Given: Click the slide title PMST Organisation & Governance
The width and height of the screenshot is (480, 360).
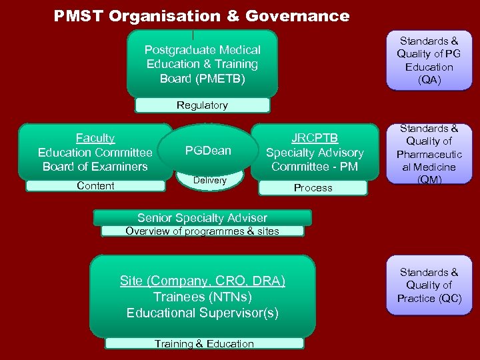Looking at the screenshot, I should click(201, 16).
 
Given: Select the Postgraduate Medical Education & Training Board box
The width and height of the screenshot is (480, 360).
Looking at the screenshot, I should click(202, 64).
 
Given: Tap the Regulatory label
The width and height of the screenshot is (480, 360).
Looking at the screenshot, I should click(202, 105).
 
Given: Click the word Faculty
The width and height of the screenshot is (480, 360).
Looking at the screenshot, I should click(95, 138).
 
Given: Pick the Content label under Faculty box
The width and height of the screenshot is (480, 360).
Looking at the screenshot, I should click(95, 186).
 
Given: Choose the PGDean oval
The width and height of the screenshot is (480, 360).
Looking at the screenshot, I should click(208, 151).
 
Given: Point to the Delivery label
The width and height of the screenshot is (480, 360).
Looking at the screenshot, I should click(210, 181).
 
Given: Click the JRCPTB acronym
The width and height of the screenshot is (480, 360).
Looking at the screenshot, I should click(315, 138).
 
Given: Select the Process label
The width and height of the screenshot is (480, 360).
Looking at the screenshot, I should click(313, 188).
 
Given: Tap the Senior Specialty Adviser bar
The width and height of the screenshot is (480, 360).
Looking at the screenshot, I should click(202, 218).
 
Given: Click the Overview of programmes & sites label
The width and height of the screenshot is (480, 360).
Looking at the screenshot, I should click(202, 231).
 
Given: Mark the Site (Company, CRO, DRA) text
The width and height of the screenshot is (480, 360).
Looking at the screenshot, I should click(203, 281).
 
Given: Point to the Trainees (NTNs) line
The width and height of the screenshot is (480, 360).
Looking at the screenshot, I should click(203, 297).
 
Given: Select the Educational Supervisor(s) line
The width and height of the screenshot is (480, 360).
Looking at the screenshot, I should click(203, 313).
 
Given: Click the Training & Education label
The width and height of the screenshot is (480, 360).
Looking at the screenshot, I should click(204, 344).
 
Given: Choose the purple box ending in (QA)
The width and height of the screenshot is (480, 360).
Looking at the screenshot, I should click(429, 61).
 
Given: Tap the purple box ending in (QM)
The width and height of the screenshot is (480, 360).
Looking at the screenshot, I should click(429, 154).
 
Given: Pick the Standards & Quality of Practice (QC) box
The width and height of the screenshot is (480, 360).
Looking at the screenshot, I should click(429, 285).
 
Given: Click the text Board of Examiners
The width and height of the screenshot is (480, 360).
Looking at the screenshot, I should click(95, 167).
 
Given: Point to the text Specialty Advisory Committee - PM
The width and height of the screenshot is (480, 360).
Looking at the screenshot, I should click(315, 159).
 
